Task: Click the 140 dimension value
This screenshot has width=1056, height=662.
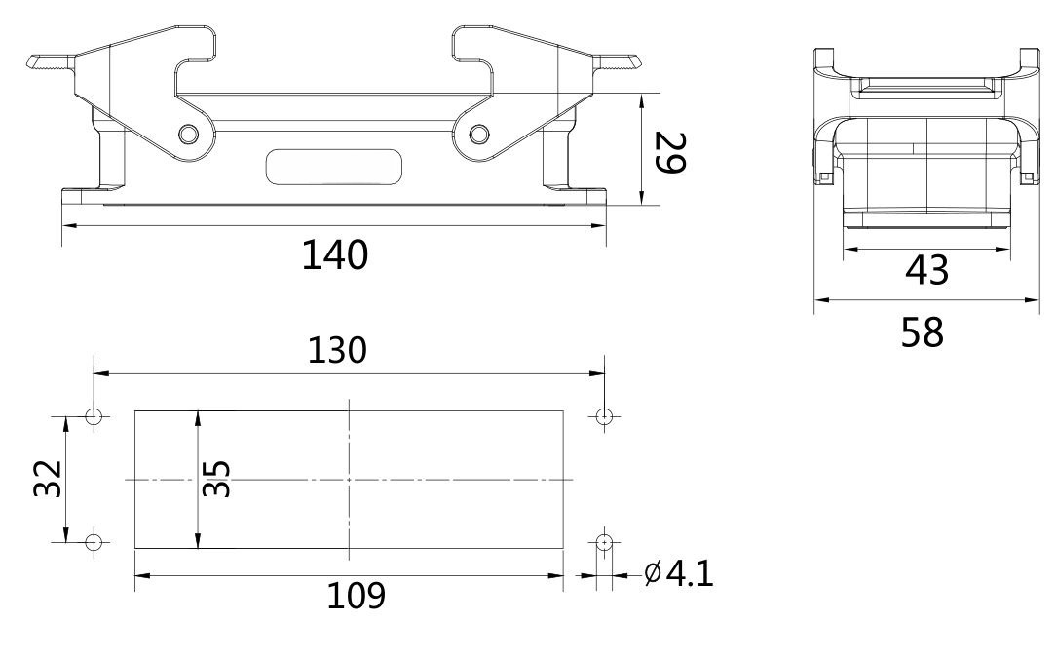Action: [x=334, y=255]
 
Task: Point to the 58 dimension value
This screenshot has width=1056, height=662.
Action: [x=922, y=332]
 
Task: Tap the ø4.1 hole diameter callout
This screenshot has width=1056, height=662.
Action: [x=679, y=573]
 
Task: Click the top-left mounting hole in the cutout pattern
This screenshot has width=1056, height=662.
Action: [x=94, y=417]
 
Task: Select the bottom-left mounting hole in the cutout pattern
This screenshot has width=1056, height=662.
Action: [x=94, y=541]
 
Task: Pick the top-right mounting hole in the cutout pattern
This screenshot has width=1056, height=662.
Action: [x=604, y=417]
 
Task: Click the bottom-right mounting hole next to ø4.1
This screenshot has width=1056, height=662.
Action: [x=604, y=541]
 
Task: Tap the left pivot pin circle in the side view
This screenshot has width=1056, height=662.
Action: [x=188, y=134]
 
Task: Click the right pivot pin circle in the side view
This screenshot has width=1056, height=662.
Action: [x=478, y=134]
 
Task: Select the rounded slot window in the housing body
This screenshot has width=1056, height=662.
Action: [x=334, y=166]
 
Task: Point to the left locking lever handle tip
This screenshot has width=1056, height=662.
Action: [x=39, y=64]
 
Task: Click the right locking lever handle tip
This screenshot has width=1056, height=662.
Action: [x=628, y=64]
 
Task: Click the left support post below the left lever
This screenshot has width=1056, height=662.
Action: [x=112, y=161]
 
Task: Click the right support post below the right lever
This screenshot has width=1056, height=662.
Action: [x=556, y=161]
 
